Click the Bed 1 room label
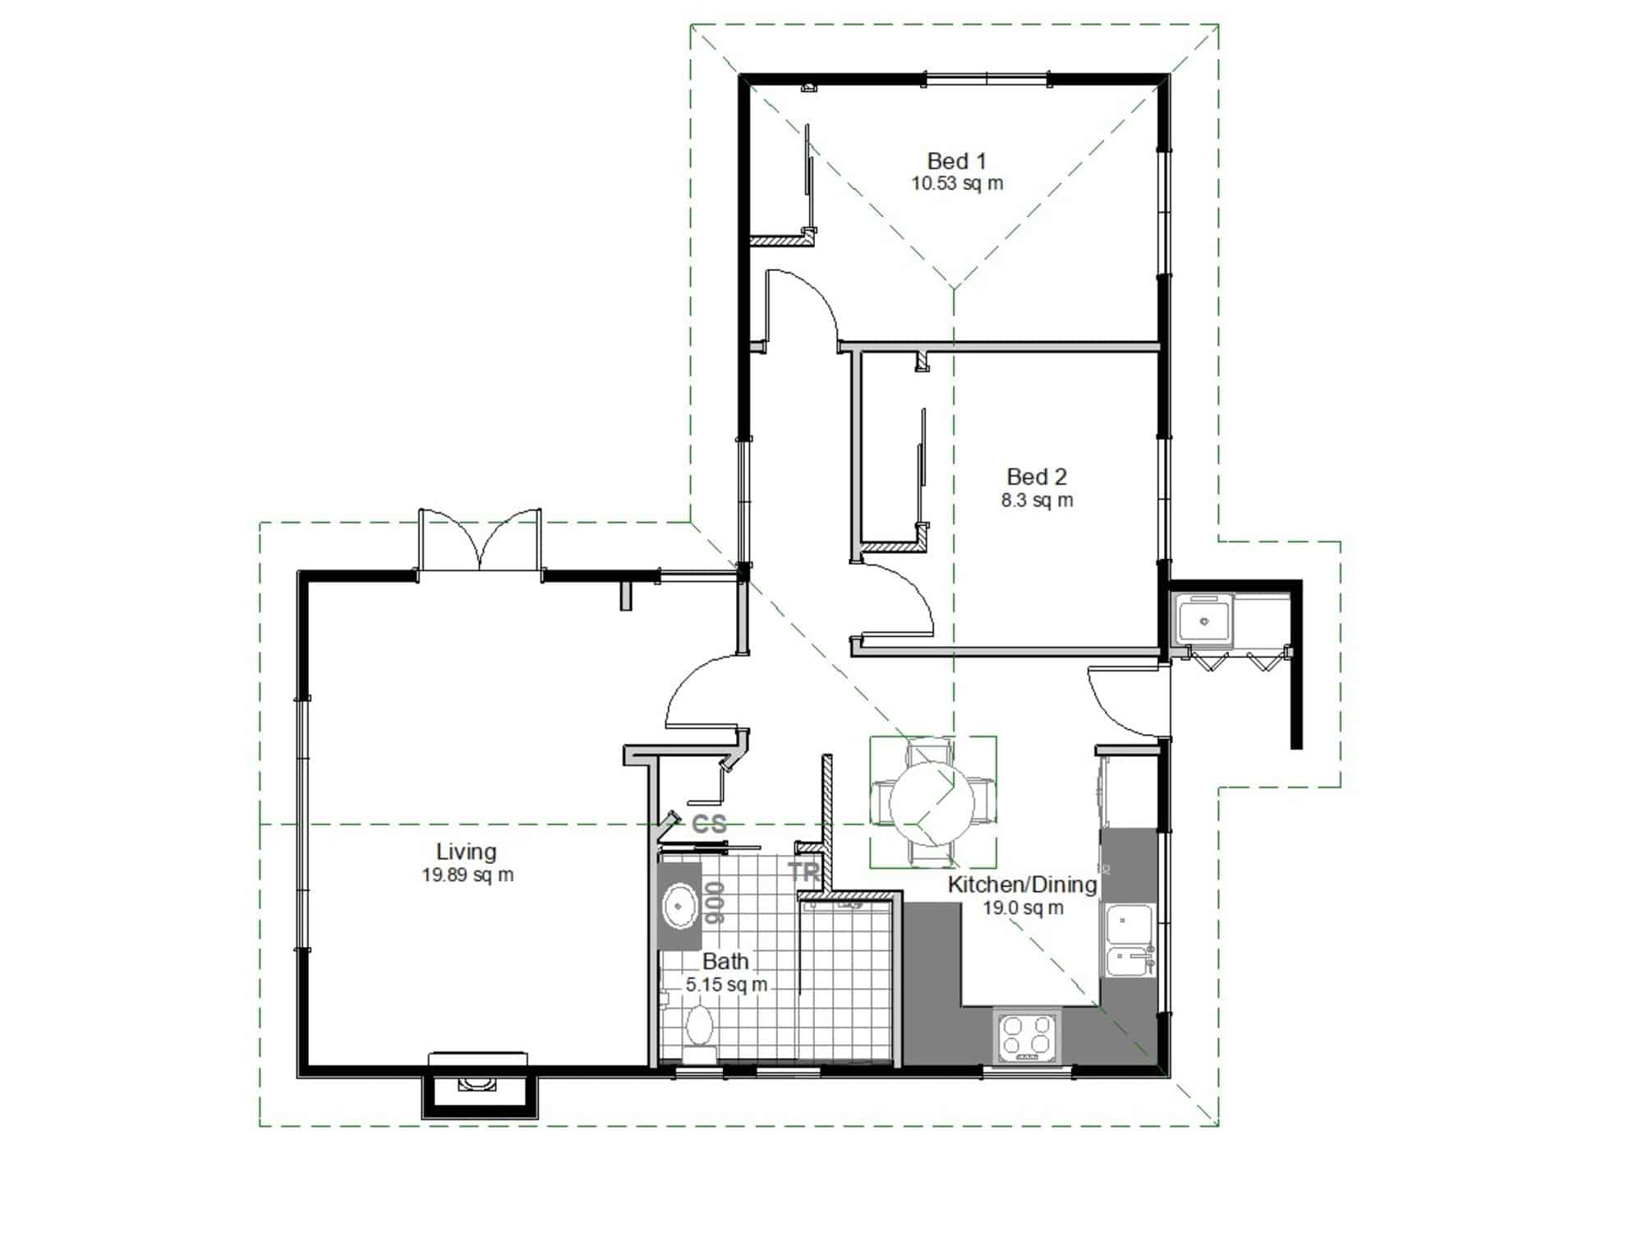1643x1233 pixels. (x=956, y=161)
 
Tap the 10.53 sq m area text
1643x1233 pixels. (x=957, y=183)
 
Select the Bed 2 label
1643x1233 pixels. (x=1037, y=477)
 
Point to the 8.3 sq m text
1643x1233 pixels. (x=1037, y=500)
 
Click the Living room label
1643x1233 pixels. (x=466, y=852)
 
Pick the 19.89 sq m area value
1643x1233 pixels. (x=468, y=875)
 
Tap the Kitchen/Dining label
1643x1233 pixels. (x=1022, y=884)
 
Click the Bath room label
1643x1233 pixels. (x=725, y=961)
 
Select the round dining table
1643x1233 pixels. (x=932, y=803)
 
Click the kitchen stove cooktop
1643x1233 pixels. (x=1027, y=1036)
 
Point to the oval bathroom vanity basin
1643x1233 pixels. (x=679, y=906)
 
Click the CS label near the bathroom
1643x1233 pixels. (x=710, y=824)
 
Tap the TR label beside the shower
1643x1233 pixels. (x=804, y=872)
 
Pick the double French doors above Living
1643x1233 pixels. (x=480, y=539)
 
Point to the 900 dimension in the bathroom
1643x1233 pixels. (x=714, y=903)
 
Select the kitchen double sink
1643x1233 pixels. (x=1130, y=942)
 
